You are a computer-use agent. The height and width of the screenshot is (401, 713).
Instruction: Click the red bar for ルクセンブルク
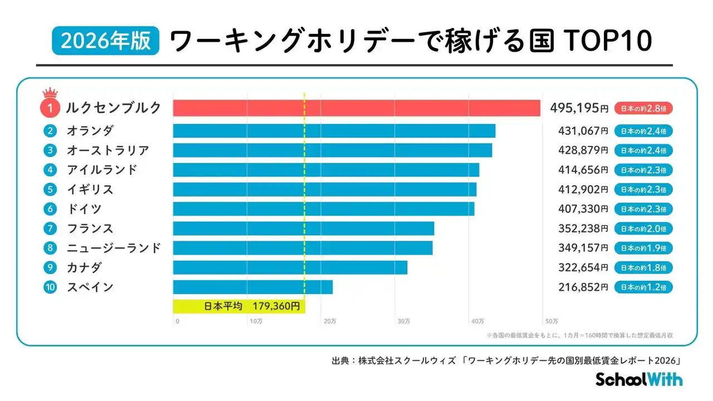(356, 108)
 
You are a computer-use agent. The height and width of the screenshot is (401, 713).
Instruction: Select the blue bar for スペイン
(253, 287)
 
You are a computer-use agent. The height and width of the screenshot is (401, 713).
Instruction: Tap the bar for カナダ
(290, 267)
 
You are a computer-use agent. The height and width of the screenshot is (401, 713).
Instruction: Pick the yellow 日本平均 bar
(239, 306)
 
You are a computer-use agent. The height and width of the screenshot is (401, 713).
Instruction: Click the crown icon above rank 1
(50, 92)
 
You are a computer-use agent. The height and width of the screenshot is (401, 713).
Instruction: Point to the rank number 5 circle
(50, 189)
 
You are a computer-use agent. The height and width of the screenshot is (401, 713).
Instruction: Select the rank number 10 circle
(50, 287)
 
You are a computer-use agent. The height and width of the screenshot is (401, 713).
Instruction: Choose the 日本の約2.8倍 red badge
(643, 108)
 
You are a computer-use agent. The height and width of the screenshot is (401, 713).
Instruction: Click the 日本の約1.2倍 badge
(643, 287)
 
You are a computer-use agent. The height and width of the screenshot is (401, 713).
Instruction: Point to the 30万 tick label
(404, 321)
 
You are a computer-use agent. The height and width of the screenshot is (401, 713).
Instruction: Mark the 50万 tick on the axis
(551, 321)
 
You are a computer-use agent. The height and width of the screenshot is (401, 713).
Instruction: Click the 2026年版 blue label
(106, 42)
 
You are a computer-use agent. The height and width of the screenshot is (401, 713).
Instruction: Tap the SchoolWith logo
(639, 379)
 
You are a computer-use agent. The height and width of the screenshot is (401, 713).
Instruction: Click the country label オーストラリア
(108, 150)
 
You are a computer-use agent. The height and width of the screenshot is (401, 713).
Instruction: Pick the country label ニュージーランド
(114, 248)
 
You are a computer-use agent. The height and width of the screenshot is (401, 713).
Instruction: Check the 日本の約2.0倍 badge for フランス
(643, 228)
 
